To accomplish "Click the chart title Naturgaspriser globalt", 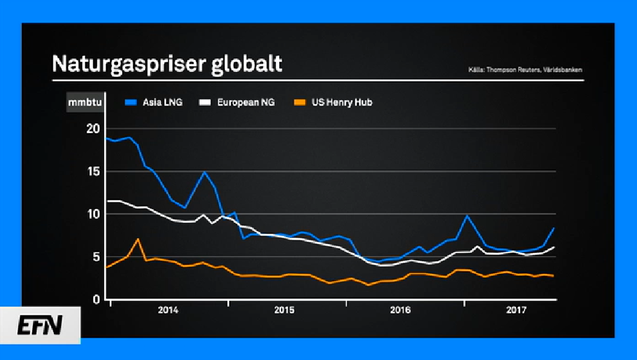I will click(x=167, y=65).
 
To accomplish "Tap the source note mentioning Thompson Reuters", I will click(x=524, y=69).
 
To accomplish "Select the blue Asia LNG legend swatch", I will click(x=132, y=102).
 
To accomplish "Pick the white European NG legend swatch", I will click(x=205, y=102).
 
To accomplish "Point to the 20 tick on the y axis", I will click(x=93, y=128).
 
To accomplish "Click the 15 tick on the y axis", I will click(x=93, y=172).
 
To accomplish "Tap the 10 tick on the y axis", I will click(x=93, y=214).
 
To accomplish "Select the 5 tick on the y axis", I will click(x=97, y=257).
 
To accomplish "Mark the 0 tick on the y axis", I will click(x=97, y=300).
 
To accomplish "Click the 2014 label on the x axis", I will click(x=168, y=310).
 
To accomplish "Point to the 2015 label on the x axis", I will click(x=284, y=310).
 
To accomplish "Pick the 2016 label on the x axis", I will click(x=401, y=310).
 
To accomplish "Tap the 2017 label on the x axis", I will click(x=516, y=310).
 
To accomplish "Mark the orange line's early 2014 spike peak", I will click(x=138, y=239).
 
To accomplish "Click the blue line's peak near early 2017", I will click(x=468, y=216).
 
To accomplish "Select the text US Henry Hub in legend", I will click(x=341, y=102).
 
